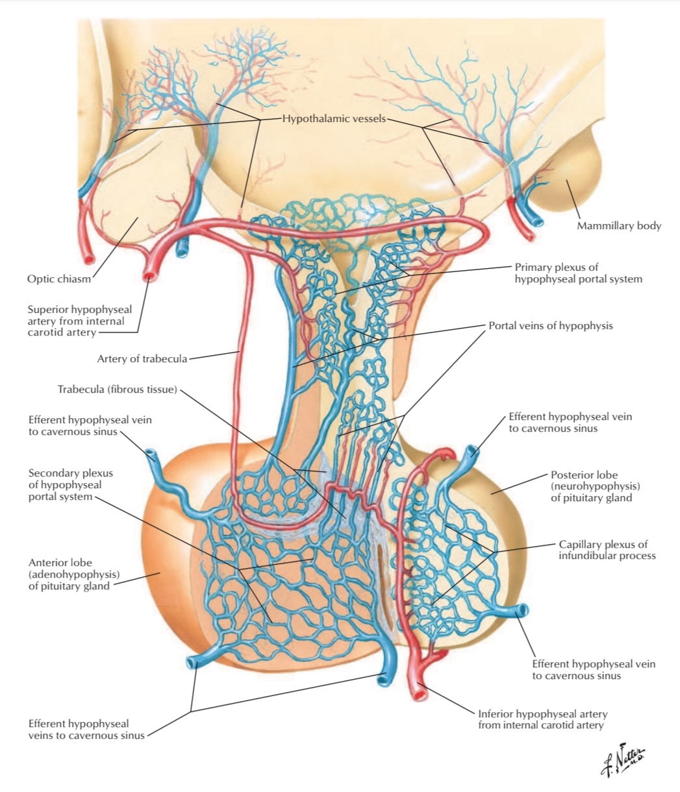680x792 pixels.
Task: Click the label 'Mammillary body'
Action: (x=619, y=226)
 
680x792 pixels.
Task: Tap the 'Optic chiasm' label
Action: (x=59, y=279)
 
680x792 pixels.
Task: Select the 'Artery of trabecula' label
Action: (x=142, y=358)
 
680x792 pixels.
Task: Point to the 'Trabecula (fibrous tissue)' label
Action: (x=117, y=390)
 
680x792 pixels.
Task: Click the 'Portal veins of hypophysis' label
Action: (x=550, y=326)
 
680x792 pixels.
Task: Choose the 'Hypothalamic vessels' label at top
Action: (x=334, y=119)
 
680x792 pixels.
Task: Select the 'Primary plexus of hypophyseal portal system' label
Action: (x=578, y=273)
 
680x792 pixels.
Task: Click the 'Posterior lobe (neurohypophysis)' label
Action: (x=591, y=486)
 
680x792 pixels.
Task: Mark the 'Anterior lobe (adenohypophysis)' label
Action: (x=69, y=575)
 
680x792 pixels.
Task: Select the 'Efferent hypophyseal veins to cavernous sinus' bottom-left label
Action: (x=79, y=729)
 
